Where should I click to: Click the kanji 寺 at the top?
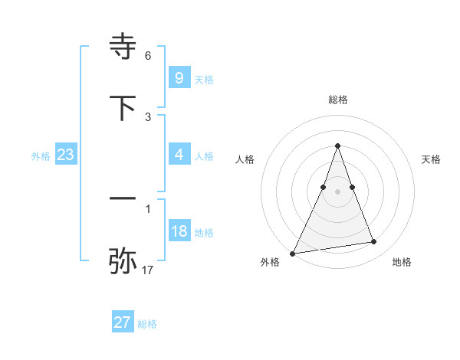[x=123, y=46]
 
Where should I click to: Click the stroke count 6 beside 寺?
[x=148, y=56]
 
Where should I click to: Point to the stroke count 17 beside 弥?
[x=148, y=270]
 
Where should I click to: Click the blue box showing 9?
[x=179, y=77]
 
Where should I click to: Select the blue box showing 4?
[x=179, y=155]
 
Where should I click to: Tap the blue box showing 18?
[x=179, y=231]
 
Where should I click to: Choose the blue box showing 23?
[x=66, y=155]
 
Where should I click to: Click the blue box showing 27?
[x=123, y=322]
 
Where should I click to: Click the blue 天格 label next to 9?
[x=204, y=79]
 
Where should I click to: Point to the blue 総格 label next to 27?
[x=147, y=324]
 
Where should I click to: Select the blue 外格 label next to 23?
[x=41, y=156]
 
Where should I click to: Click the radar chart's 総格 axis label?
[x=338, y=100]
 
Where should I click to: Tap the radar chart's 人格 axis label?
[x=245, y=159]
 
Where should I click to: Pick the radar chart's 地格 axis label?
[x=402, y=262]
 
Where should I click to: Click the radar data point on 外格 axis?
[x=293, y=253]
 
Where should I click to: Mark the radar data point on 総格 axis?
[x=338, y=146]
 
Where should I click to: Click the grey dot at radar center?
[x=338, y=191]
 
